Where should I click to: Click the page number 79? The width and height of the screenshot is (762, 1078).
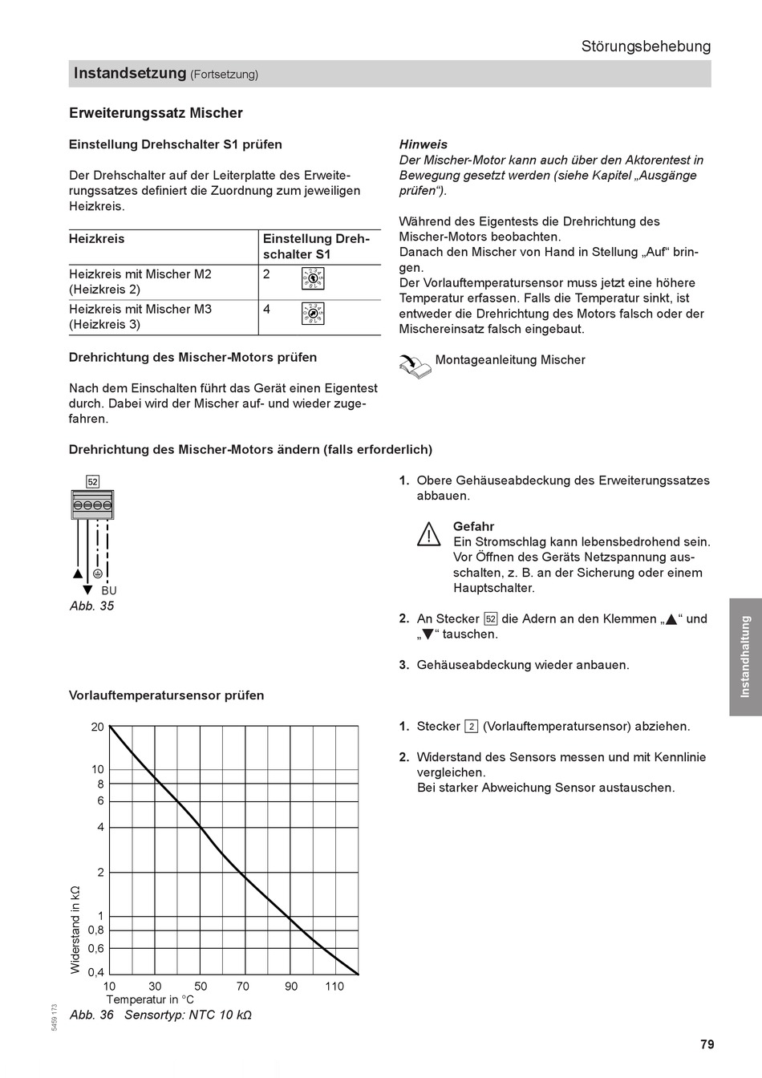pyautogui.click(x=706, y=1044)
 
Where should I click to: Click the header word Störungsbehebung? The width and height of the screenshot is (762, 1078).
pyautogui.click(x=646, y=47)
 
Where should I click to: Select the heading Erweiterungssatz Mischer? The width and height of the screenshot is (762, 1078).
pyautogui.click(x=156, y=113)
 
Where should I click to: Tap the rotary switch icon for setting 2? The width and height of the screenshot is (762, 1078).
pyautogui.click(x=313, y=278)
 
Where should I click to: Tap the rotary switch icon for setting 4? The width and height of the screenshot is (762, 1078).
pyautogui.click(x=313, y=313)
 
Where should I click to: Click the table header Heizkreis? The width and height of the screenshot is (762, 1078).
pyautogui.click(x=97, y=239)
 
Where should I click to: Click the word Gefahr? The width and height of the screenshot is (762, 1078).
pyautogui.click(x=473, y=527)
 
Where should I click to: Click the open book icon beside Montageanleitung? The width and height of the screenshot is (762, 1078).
pyautogui.click(x=415, y=366)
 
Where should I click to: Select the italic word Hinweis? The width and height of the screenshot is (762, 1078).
pyautogui.click(x=424, y=145)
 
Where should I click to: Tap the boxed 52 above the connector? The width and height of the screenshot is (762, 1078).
pyautogui.click(x=93, y=482)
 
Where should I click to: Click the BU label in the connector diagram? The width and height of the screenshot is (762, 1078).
pyautogui.click(x=109, y=591)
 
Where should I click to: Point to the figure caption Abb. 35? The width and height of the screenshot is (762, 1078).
pyautogui.click(x=91, y=606)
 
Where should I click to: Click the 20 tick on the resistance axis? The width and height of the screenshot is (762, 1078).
pyautogui.click(x=98, y=727)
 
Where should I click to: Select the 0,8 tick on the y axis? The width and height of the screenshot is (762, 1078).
pyautogui.click(x=95, y=930)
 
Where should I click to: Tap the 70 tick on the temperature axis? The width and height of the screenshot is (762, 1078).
pyautogui.click(x=243, y=987)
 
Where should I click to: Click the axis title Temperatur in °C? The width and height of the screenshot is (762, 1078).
pyautogui.click(x=150, y=1000)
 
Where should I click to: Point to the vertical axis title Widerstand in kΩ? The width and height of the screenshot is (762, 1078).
pyautogui.click(x=76, y=930)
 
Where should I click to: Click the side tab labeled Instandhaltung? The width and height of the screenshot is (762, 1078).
pyautogui.click(x=745, y=656)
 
